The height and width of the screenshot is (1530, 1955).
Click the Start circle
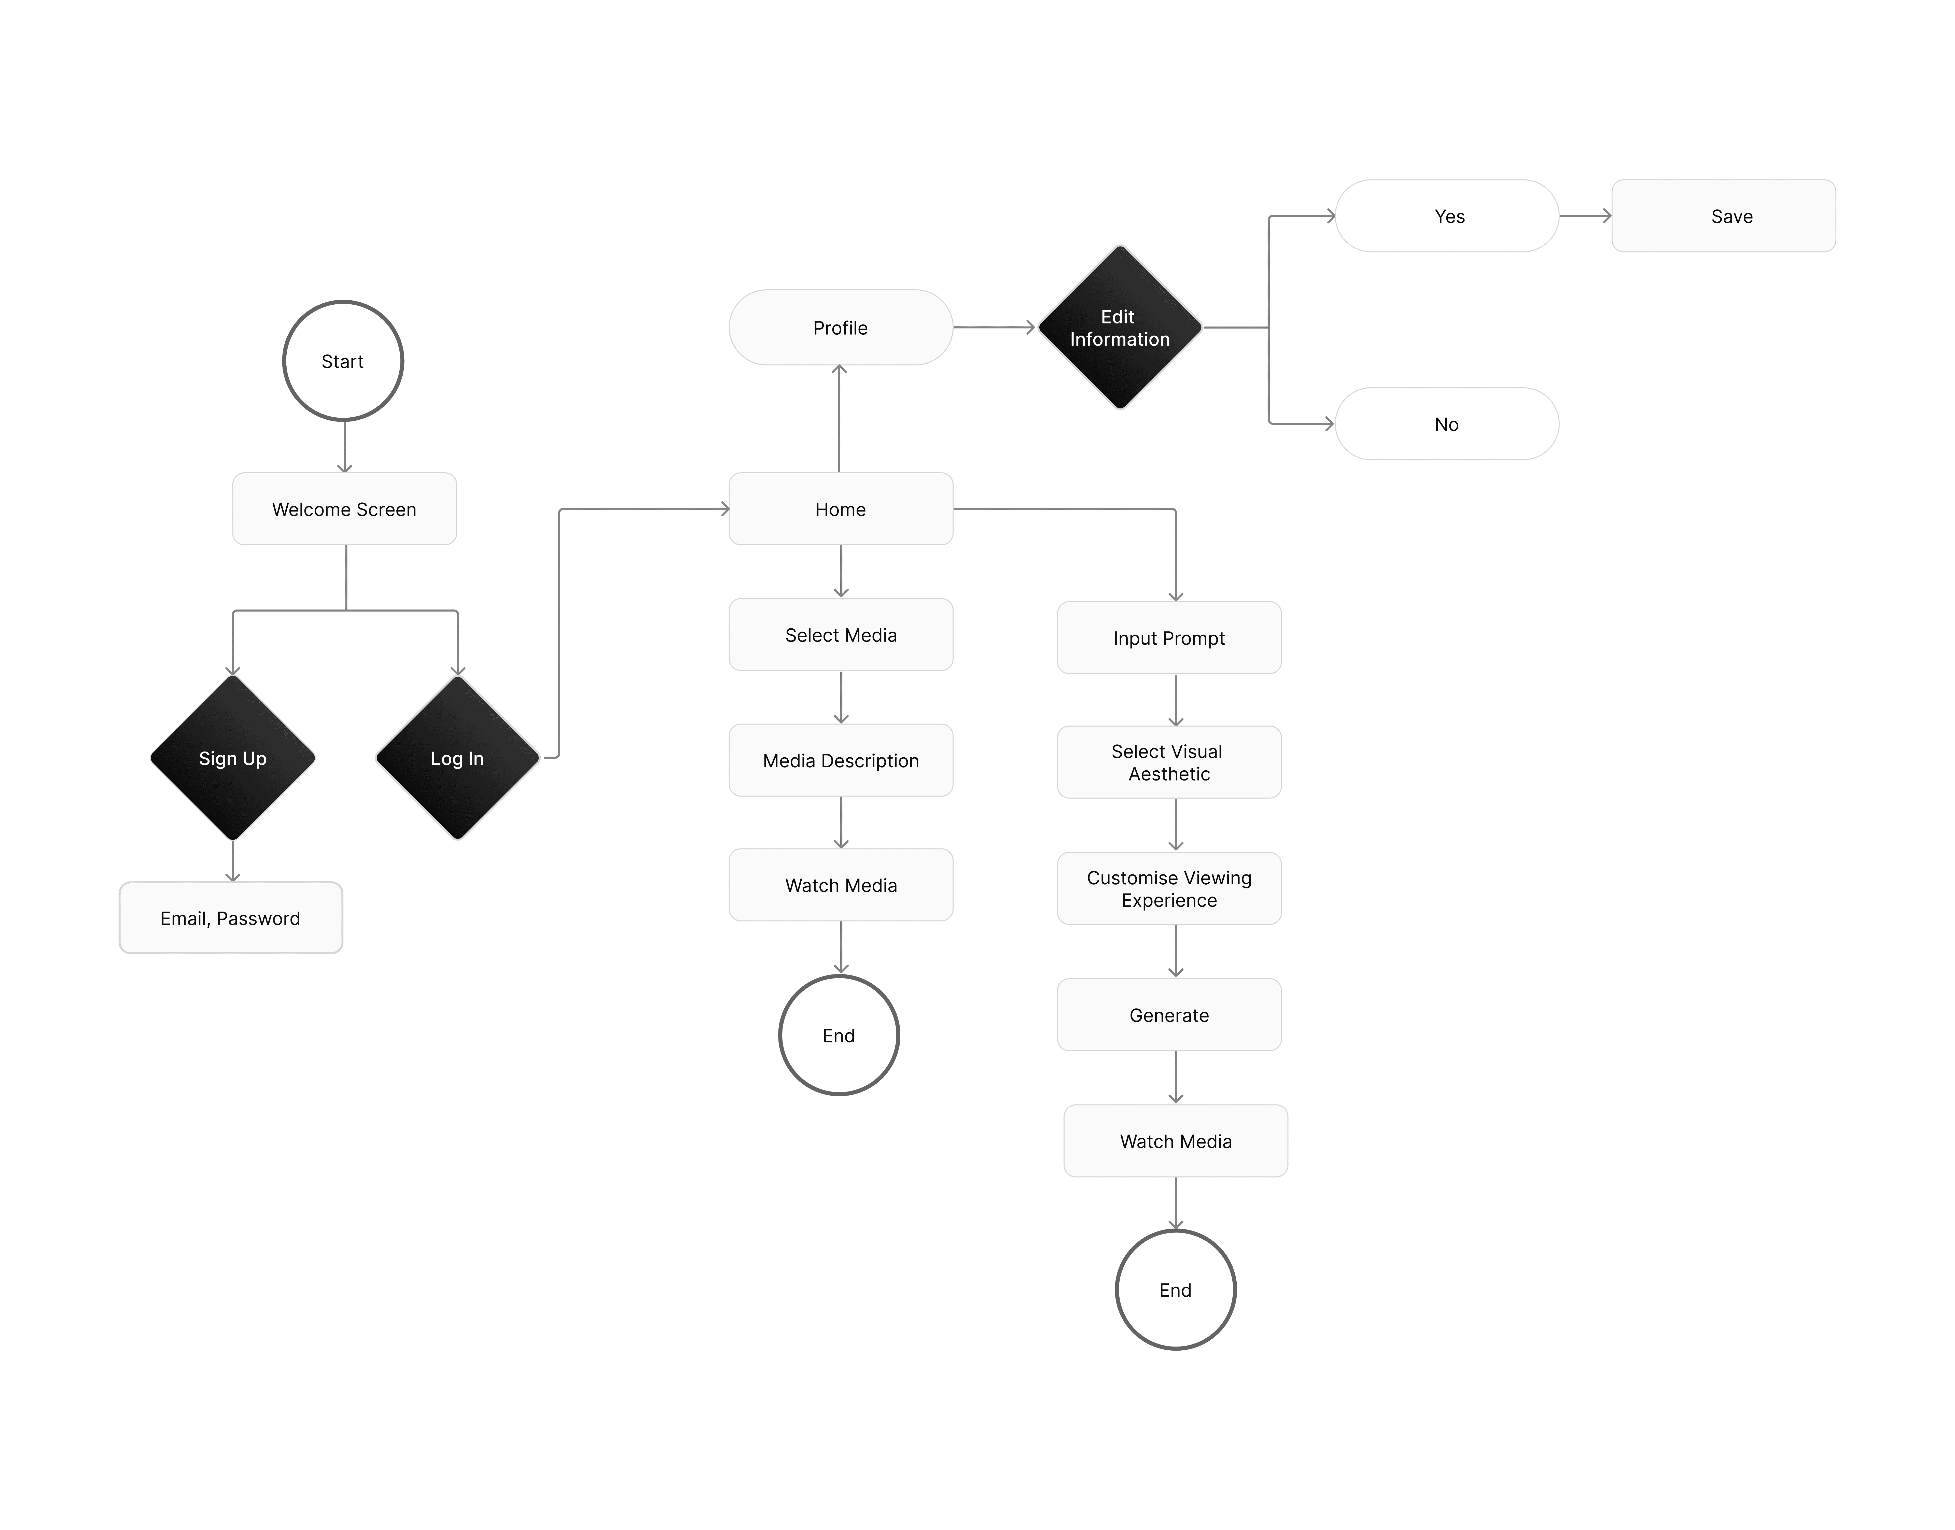(343, 361)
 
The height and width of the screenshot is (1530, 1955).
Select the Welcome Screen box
(344, 509)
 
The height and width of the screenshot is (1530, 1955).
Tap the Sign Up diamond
(233, 758)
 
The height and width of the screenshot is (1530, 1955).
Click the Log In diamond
(457, 758)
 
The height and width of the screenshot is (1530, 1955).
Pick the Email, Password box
(230, 918)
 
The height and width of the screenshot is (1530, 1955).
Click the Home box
(840, 509)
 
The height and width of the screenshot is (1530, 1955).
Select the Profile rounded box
(840, 328)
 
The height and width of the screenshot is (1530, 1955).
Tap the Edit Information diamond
(1120, 328)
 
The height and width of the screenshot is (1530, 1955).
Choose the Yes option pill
(1447, 216)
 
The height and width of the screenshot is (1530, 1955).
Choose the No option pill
(1447, 424)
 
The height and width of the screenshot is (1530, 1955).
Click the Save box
(1723, 216)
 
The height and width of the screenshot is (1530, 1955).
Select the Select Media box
(840, 634)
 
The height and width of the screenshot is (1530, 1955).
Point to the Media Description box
(840, 760)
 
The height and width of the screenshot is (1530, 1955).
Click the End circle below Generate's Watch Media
(1176, 1290)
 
